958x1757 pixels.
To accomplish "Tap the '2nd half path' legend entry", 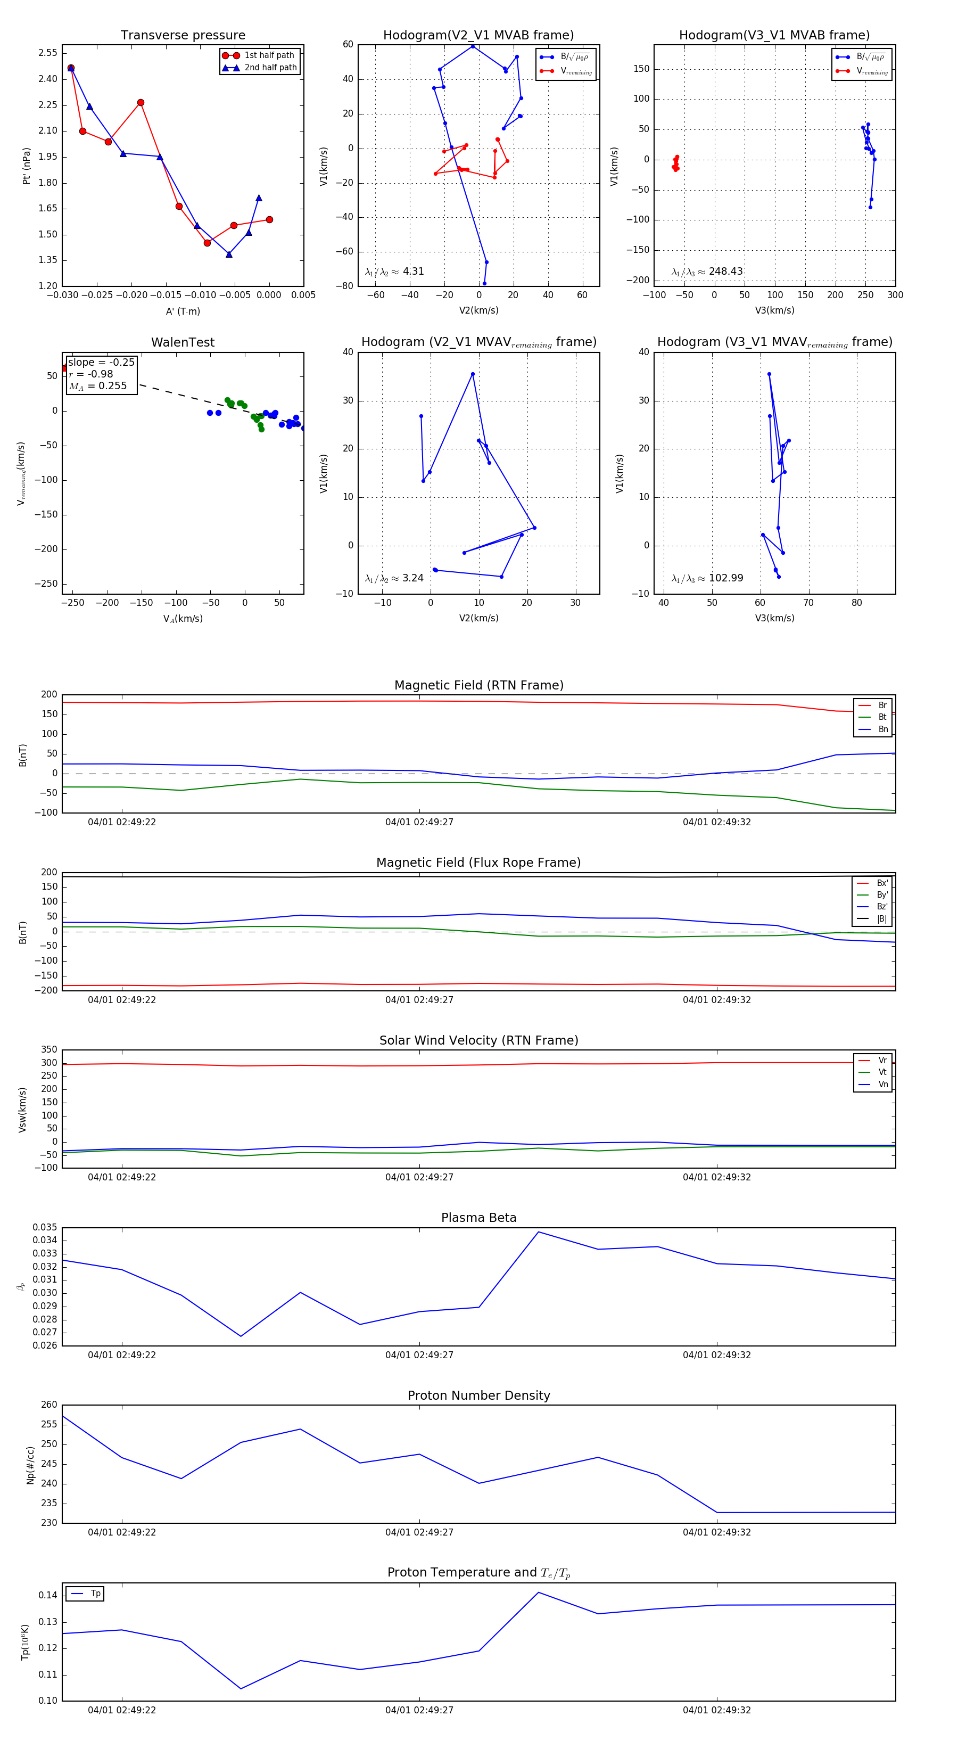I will [x=270, y=68].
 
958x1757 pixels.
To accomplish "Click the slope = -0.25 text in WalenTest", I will [x=101, y=362].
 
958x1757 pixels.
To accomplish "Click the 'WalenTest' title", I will [x=183, y=342].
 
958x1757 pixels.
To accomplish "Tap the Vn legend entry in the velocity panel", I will [x=882, y=1085].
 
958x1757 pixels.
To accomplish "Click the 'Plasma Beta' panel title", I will [x=478, y=1218].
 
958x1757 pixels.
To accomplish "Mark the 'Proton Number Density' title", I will [x=478, y=1395].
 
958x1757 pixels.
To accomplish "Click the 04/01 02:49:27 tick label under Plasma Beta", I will [x=419, y=1355].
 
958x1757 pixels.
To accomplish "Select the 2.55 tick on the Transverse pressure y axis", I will [x=48, y=53].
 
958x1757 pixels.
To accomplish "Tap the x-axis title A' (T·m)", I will [x=183, y=311].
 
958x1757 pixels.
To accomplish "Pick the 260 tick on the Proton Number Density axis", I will [x=49, y=1405].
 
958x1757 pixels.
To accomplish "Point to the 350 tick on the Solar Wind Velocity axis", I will [x=49, y=1050].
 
